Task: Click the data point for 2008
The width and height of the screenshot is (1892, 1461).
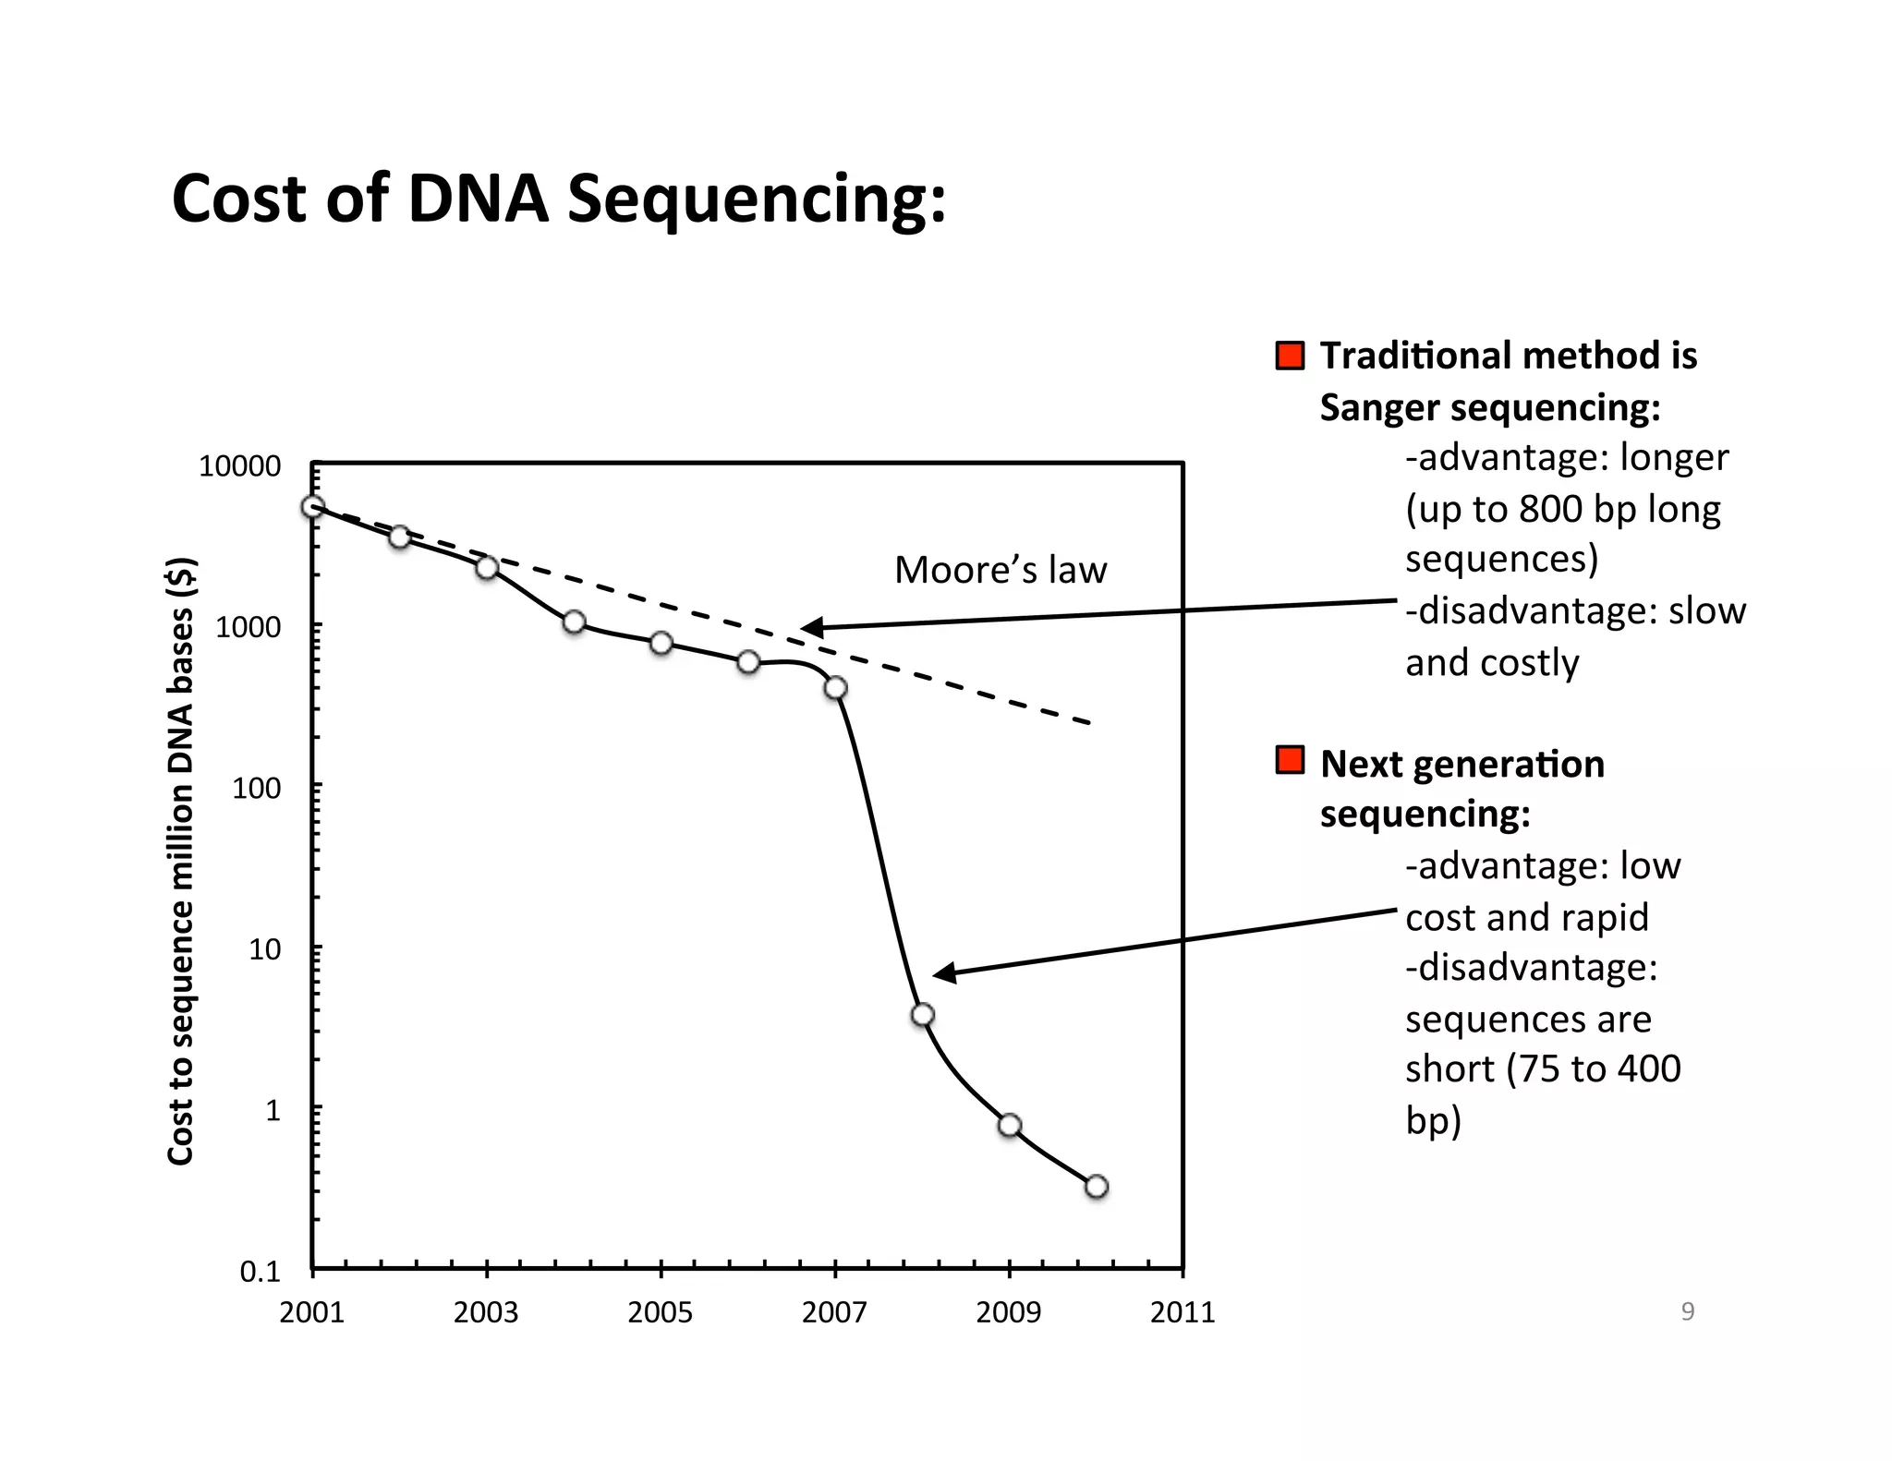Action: click(922, 1015)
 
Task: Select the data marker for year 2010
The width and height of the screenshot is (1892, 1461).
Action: click(1096, 1187)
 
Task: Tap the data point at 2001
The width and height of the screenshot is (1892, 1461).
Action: click(313, 507)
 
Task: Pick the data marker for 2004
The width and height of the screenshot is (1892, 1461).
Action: click(574, 622)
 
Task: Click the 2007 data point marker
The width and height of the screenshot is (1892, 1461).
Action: click(835, 688)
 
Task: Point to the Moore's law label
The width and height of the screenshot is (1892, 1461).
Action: click(1000, 570)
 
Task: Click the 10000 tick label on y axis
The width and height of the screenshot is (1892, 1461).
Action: click(239, 467)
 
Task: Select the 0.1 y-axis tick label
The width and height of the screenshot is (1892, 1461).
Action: click(260, 1273)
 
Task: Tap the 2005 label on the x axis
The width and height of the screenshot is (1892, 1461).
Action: click(660, 1312)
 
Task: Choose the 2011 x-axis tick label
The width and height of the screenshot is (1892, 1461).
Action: click(1182, 1312)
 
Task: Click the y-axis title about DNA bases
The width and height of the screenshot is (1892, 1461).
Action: click(181, 862)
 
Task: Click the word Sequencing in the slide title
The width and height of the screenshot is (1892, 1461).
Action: click(756, 199)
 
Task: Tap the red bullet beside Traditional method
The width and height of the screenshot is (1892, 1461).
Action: click(1290, 356)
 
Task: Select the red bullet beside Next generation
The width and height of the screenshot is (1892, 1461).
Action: click(1290, 760)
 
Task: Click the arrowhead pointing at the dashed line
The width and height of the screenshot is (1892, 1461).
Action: click(811, 629)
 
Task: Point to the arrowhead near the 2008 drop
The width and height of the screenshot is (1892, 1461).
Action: click(943, 973)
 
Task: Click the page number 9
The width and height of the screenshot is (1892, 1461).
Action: click(1687, 1311)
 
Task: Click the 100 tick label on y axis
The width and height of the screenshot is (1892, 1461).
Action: click(256, 789)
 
